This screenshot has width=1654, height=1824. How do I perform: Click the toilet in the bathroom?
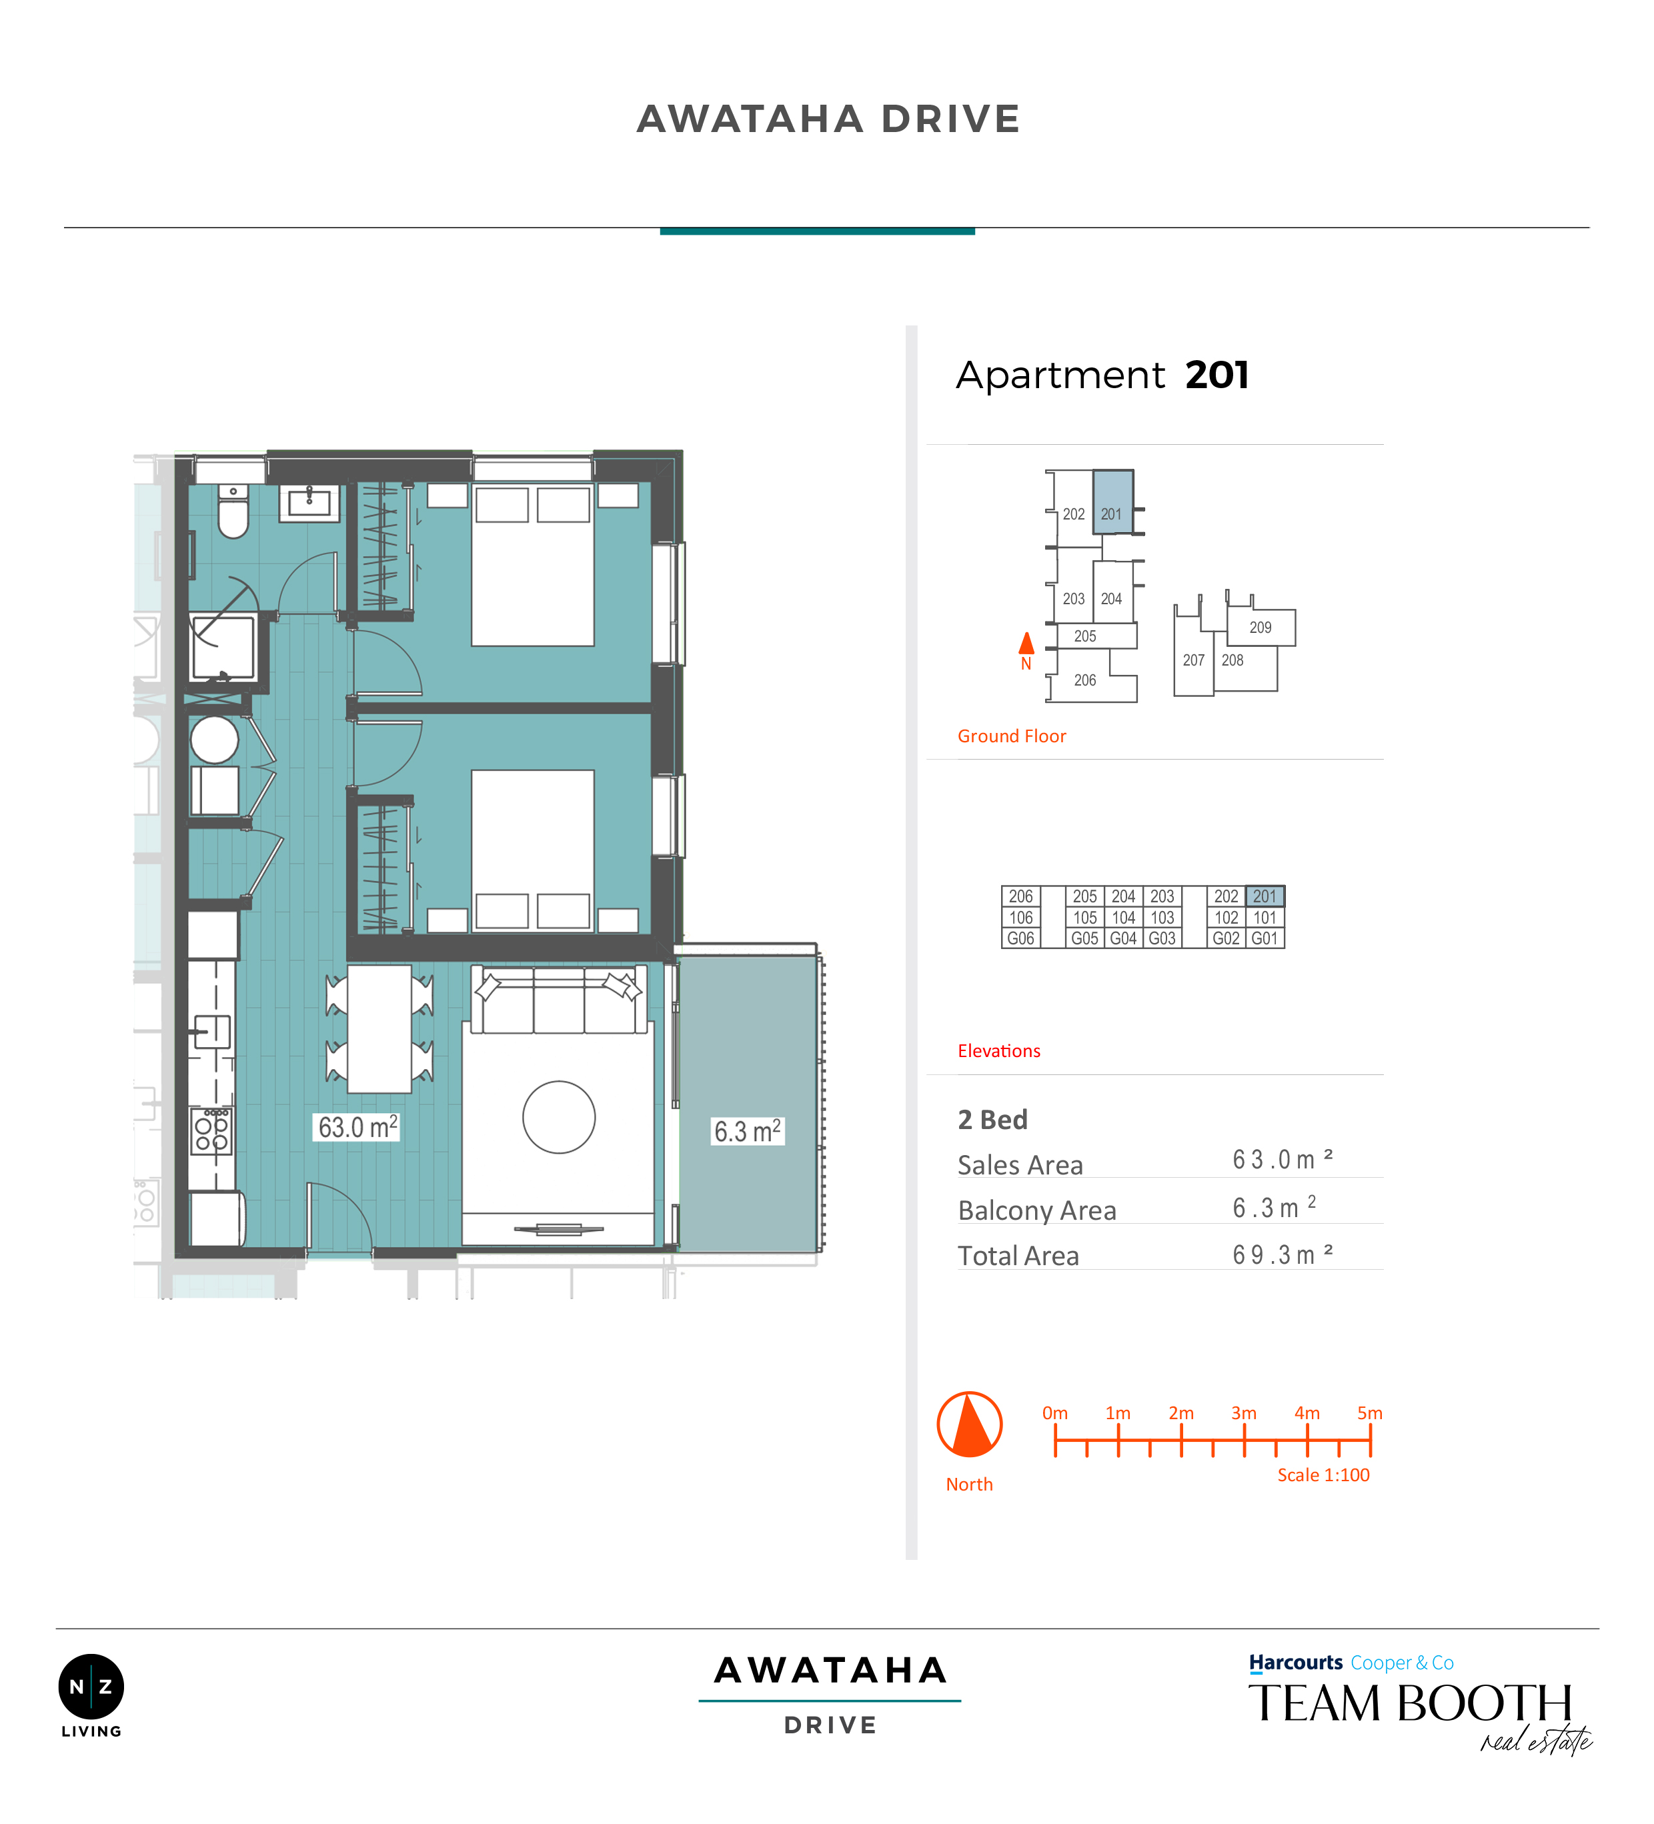tap(233, 512)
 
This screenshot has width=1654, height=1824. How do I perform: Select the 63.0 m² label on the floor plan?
tap(357, 1127)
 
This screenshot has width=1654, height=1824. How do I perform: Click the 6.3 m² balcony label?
tap(748, 1131)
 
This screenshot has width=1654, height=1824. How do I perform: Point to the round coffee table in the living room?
tap(559, 1117)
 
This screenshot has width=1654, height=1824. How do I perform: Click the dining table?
tap(380, 1029)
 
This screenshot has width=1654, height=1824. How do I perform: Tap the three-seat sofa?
tap(559, 999)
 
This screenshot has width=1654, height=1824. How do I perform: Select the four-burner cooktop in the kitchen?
tap(211, 1132)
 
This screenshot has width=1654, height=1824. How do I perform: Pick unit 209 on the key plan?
tap(1261, 627)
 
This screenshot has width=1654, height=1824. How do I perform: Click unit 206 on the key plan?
tap(1085, 680)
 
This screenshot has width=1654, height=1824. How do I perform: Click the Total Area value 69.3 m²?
tap(1282, 1254)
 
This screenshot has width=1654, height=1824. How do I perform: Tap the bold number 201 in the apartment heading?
tap(1217, 375)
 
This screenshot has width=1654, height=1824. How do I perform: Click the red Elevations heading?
tap(999, 1050)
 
